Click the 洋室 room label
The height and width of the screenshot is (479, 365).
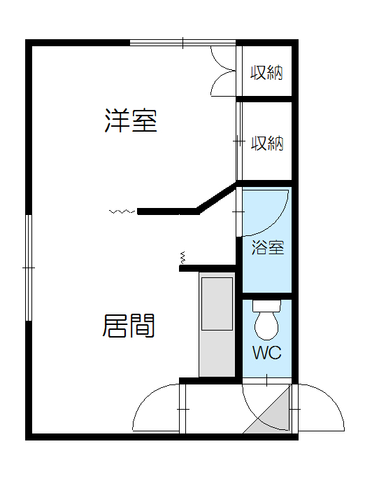131,120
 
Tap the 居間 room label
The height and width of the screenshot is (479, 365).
129,326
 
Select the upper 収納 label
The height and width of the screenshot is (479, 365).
266,73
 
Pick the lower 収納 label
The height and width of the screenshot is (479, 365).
267,143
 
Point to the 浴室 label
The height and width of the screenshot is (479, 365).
268,247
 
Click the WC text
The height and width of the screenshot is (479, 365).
267,353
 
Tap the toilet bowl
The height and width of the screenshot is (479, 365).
266,326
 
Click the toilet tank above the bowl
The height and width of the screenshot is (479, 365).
266,305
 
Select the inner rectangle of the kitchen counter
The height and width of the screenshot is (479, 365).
217,304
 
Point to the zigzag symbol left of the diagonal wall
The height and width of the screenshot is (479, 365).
122,211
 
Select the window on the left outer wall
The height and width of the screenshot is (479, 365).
29,268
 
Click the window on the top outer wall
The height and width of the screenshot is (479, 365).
183,43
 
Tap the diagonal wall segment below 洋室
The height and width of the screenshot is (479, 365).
217,197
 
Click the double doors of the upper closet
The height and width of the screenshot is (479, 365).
224,71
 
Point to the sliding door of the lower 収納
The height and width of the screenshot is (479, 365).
239,141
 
